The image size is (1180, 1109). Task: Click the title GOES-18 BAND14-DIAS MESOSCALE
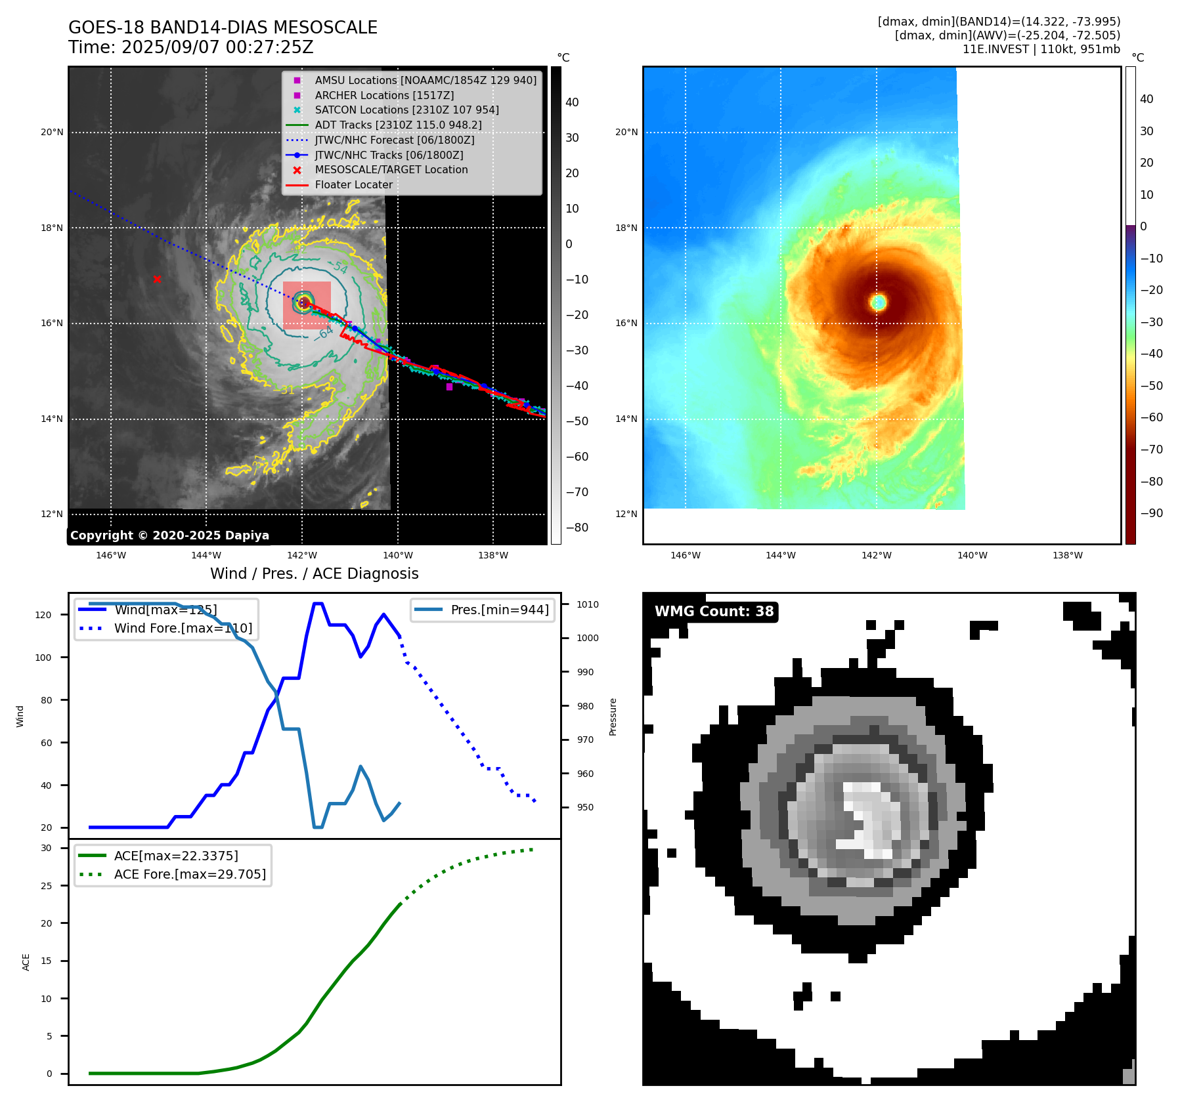tap(223, 28)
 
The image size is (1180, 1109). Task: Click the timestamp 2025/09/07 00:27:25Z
tap(217, 48)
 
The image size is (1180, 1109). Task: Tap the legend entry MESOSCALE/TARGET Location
tap(391, 170)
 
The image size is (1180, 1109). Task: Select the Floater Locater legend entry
tap(353, 185)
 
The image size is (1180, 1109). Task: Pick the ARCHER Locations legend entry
tap(383, 96)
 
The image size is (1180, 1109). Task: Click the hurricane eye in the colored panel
tap(879, 302)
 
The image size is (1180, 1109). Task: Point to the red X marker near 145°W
tap(157, 280)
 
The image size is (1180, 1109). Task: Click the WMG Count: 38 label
tap(714, 612)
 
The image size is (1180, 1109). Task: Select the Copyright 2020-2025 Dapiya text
tap(169, 535)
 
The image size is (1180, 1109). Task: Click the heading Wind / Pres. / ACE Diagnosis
tap(314, 574)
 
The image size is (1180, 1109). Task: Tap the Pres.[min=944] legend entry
tap(499, 610)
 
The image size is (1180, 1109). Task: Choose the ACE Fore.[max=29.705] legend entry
tap(190, 874)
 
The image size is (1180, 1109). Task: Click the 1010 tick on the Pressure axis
tap(588, 604)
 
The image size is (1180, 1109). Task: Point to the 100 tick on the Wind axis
tap(43, 658)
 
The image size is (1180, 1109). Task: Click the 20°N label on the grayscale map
tap(53, 133)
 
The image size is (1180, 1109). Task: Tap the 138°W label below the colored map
tap(1067, 556)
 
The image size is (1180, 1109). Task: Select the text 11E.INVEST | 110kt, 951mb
tap(1041, 49)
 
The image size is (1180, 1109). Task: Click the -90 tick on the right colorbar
tap(1151, 513)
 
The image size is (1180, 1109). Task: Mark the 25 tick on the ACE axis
tap(46, 886)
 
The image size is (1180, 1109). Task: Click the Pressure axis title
tap(613, 717)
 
